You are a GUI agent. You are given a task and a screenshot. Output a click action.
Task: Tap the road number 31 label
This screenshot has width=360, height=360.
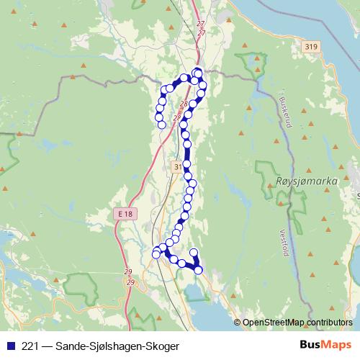(179, 166)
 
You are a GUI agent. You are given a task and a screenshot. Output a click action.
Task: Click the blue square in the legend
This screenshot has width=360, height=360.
(9, 346)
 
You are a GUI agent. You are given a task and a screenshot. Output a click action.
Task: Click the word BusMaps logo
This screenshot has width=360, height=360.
(325, 345)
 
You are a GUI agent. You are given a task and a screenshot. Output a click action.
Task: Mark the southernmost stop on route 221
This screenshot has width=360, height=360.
(199, 270)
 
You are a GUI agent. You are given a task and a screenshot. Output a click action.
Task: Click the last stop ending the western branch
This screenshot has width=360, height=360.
(162, 125)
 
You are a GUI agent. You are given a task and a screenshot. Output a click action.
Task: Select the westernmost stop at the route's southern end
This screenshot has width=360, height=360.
(156, 253)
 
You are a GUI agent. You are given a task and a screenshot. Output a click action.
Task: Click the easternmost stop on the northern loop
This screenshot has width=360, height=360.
(203, 86)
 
